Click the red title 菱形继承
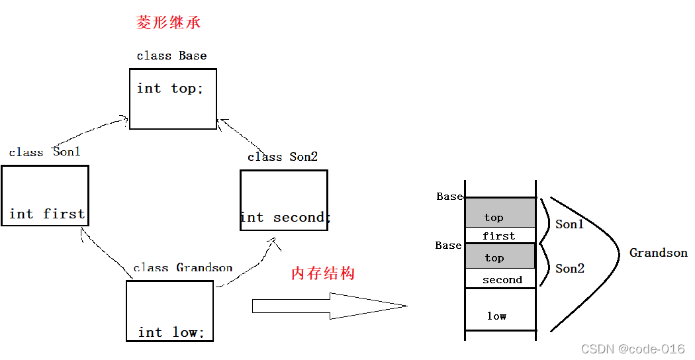tap(168, 23)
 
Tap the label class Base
tap(171, 56)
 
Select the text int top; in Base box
tap(170, 89)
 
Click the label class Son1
tap(44, 152)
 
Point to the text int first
tap(47, 214)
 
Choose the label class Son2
tap(283, 157)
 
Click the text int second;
tap(284, 217)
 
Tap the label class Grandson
tap(183, 267)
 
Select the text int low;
tap(171, 332)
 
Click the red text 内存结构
tap(323, 273)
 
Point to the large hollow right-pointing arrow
tap(329, 306)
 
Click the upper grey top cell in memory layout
tap(500, 212)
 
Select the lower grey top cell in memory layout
tap(500, 256)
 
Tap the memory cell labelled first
tap(500, 236)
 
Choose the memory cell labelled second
tap(501, 279)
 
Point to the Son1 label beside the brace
tap(569, 224)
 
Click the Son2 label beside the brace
tap(569, 268)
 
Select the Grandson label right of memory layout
tap(658, 253)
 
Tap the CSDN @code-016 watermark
tap(632, 349)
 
